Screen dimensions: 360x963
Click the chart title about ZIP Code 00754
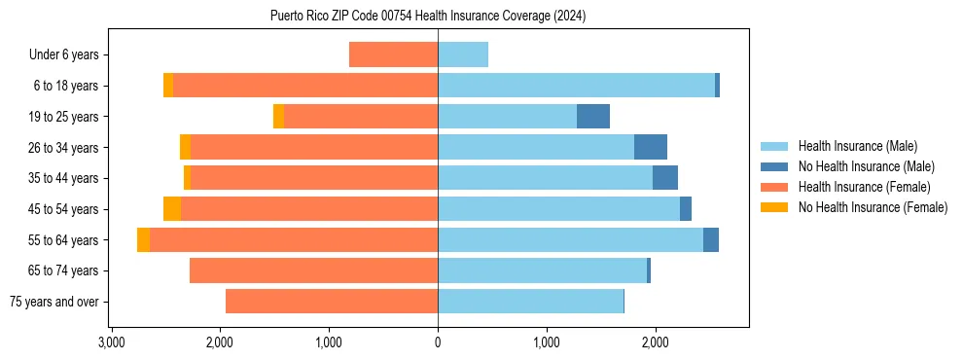point(428,16)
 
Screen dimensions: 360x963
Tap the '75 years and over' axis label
point(53,302)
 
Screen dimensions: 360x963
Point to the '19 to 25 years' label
point(64,117)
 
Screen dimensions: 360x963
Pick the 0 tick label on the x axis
point(438,342)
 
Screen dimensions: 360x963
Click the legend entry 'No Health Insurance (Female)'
point(873,207)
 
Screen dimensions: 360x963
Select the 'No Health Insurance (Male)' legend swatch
point(774,166)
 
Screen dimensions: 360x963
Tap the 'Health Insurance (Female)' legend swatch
point(774,187)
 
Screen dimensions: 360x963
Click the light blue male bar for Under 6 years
point(463,54)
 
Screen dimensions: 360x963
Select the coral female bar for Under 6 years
point(393,54)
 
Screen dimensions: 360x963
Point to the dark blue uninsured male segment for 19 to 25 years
point(593,117)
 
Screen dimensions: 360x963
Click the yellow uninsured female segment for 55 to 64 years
point(143,240)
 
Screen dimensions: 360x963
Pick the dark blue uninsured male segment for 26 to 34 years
point(651,147)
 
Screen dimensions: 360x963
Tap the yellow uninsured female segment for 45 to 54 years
point(172,209)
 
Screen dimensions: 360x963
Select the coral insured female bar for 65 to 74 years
point(313,270)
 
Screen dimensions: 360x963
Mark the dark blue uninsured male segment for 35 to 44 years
point(665,178)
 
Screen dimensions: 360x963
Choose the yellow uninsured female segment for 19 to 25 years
point(278,117)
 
